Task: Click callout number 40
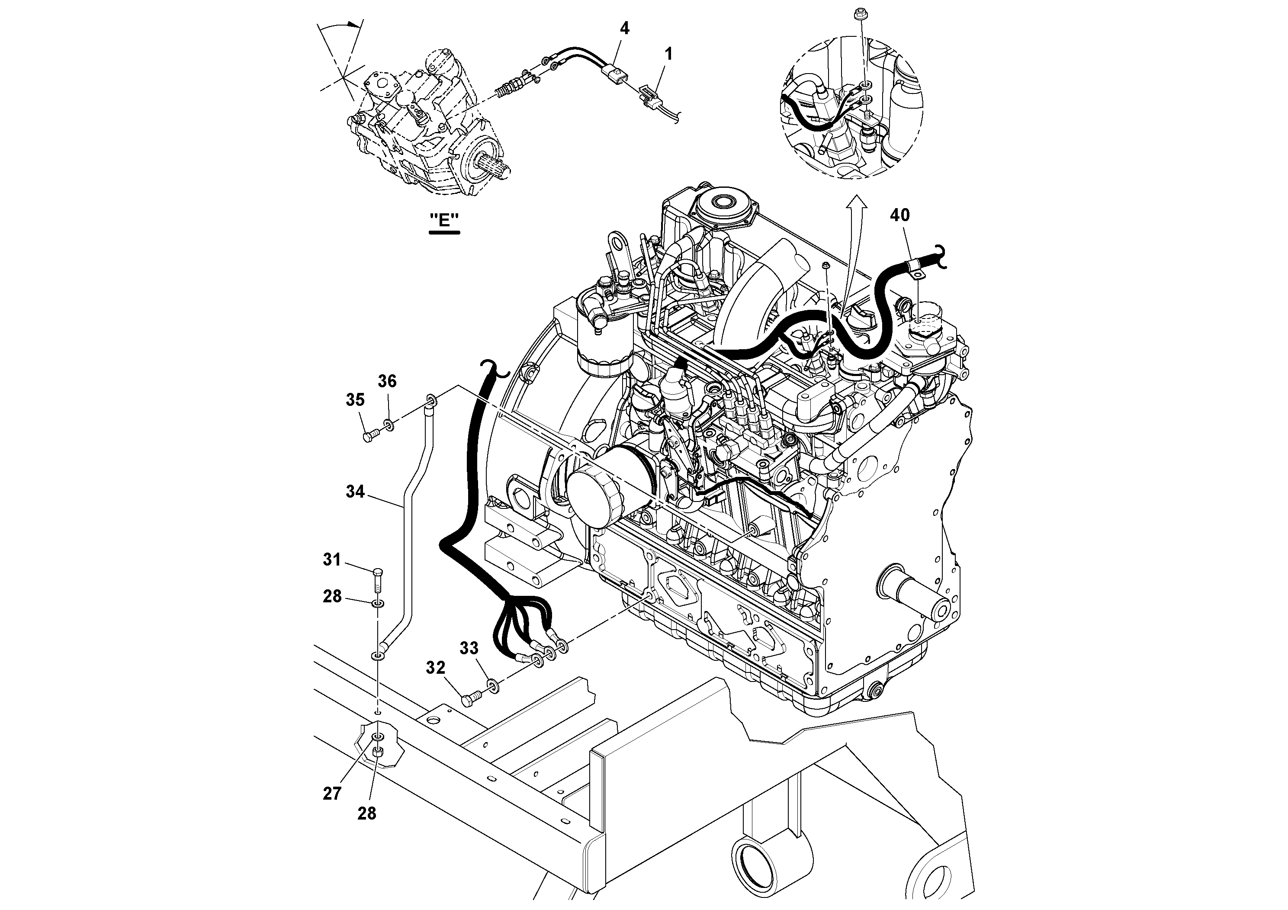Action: point(900,215)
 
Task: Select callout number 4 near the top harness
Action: point(624,29)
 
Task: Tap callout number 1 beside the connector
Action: point(668,55)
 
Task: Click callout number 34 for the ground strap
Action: point(355,492)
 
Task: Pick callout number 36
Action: point(387,382)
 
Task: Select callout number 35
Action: point(355,400)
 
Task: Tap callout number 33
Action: point(469,648)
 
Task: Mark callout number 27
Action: point(332,793)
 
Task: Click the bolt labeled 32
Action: point(470,699)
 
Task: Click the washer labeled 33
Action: point(494,685)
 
